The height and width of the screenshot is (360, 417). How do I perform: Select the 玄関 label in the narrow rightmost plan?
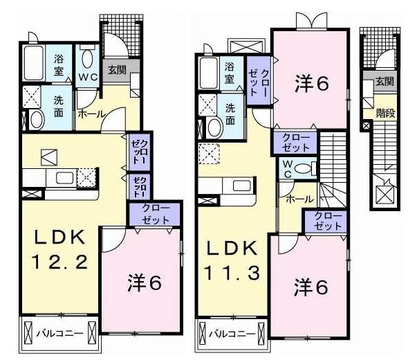384,82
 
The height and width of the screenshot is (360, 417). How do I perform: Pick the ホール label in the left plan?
91,114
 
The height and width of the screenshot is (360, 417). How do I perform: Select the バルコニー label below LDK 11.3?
231,333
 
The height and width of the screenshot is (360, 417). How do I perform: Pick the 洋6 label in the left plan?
145,282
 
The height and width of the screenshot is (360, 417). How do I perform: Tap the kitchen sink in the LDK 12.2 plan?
64,178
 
